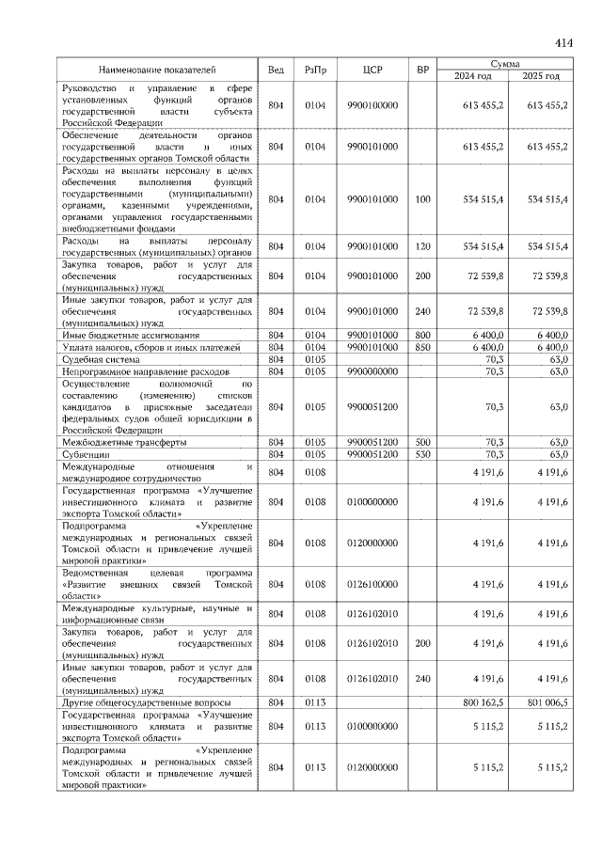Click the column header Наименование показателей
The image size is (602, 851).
(x=157, y=70)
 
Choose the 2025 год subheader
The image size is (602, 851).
(x=540, y=76)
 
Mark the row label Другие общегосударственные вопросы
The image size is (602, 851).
(x=140, y=701)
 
